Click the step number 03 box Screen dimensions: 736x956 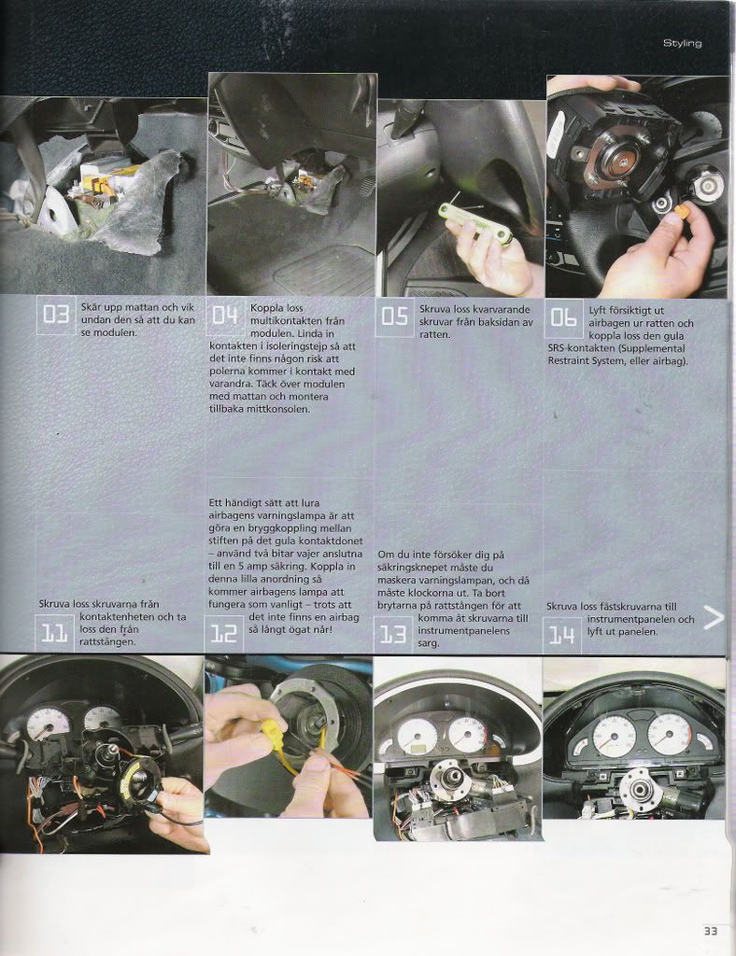(56, 315)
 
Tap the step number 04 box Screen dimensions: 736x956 (225, 315)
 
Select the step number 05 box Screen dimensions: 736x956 (394, 316)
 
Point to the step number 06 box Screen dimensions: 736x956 (563, 316)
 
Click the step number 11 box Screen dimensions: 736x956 (54, 634)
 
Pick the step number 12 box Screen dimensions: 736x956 (223, 634)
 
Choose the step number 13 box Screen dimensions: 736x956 (392, 635)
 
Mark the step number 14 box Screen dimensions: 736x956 (561, 635)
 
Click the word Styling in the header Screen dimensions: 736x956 (683, 43)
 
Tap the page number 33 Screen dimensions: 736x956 (711, 931)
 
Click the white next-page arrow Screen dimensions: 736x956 (714, 618)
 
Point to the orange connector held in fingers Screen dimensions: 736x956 (683, 212)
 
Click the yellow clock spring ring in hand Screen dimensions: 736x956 (142, 781)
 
